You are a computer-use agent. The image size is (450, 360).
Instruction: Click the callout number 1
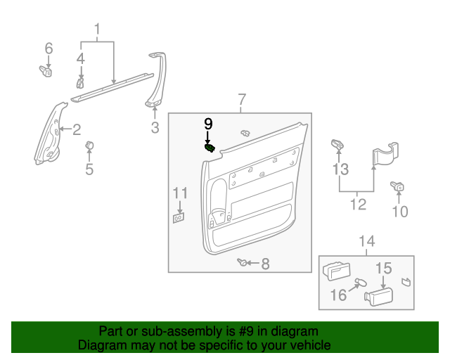(x=98, y=30)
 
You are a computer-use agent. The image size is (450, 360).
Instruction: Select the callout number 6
(x=49, y=49)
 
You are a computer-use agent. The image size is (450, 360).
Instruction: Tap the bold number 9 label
(x=208, y=124)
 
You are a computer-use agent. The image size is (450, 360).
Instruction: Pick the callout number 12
(x=359, y=205)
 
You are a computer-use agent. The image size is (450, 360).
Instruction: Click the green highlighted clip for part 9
(x=210, y=148)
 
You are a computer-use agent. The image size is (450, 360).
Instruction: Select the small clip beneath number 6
(x=46, y=71)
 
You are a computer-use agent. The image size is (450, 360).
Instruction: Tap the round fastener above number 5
(x=89, y=146)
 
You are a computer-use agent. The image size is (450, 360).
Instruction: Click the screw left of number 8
(x=243, y=263)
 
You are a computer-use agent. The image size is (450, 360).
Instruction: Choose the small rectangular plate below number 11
(x=179, y=218)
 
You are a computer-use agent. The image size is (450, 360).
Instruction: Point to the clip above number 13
(x=337, y=144)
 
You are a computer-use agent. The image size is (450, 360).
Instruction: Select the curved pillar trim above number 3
(x=157, y=81)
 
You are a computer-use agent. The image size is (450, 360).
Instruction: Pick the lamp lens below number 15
(x=378, y=295)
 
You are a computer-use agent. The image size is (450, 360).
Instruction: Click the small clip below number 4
(x=80, y=84)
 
